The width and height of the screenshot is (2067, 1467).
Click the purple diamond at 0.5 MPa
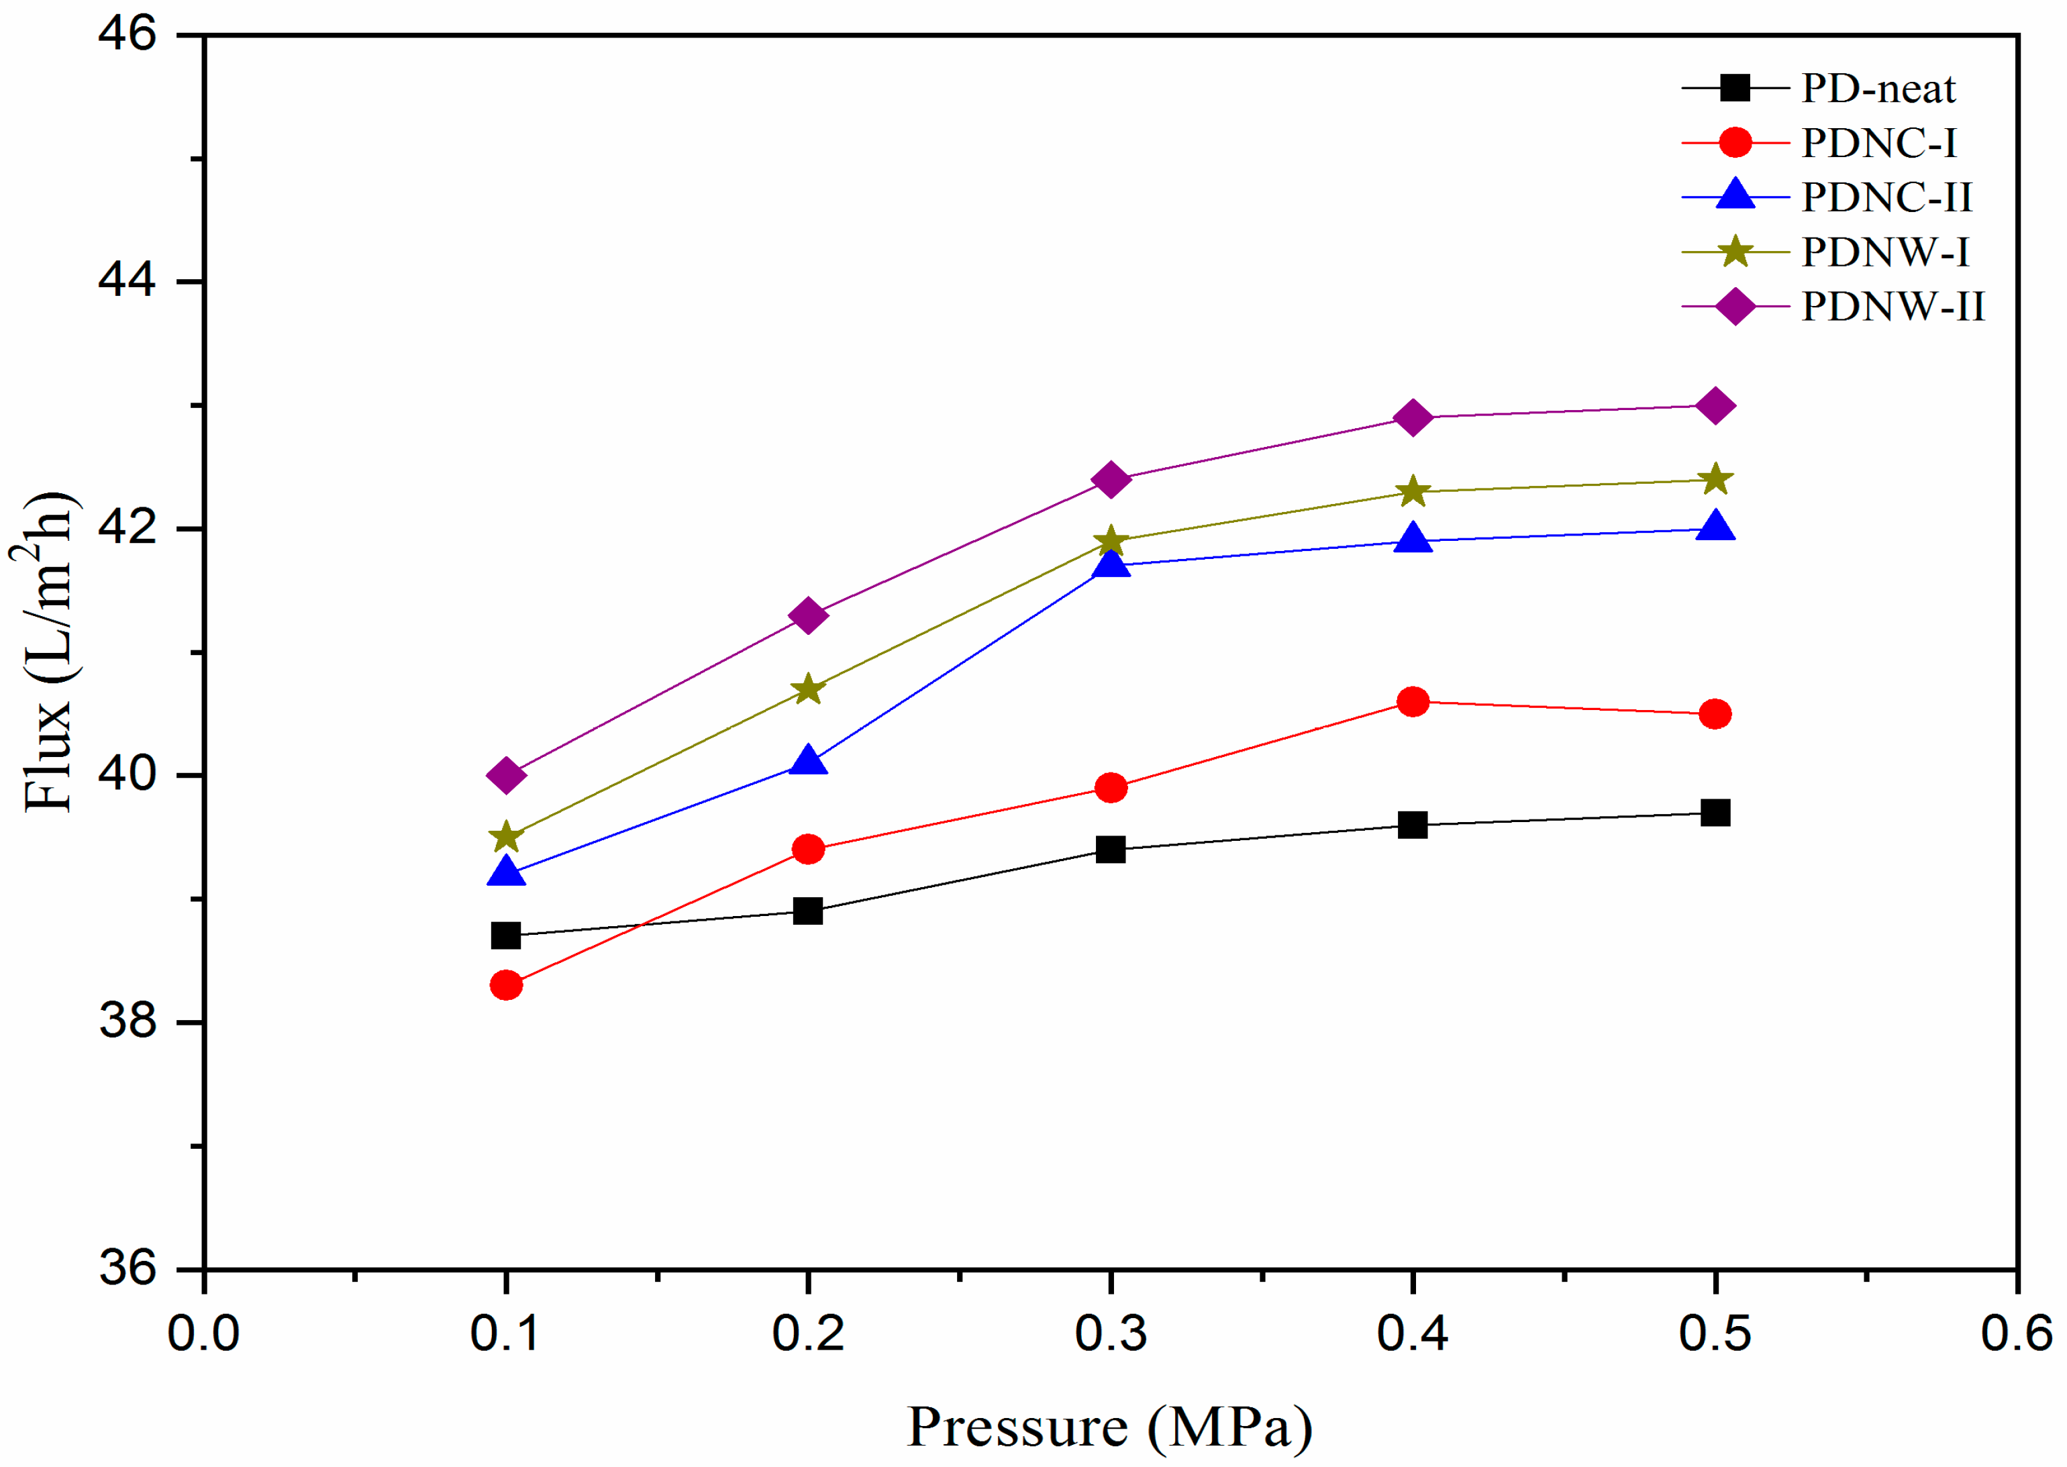point(1715,405)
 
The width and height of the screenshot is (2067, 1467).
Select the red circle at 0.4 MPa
point(1412,702)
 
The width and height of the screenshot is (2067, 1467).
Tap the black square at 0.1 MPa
point(506,936)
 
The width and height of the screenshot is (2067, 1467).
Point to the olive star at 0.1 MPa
point(506,836)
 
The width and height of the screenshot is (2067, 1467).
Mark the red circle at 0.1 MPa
point(506,984)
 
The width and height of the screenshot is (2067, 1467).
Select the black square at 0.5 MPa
point(1715,813)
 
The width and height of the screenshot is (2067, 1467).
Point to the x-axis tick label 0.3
point(1110,1333)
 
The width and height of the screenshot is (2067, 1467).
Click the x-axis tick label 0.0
point(203,1333)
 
